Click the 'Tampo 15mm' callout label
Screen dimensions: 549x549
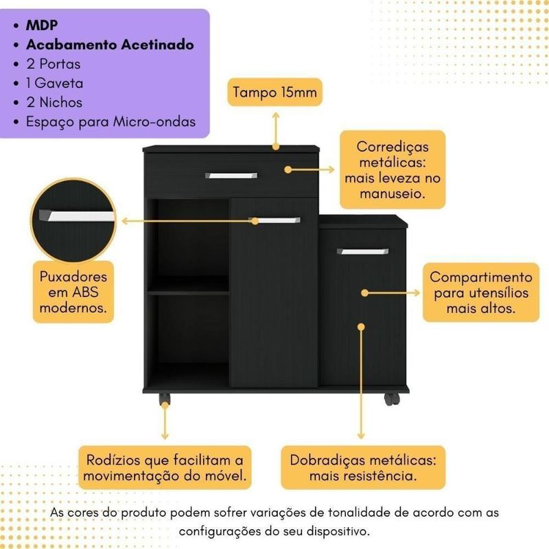(276, 93)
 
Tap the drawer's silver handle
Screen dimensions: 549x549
(231, 176)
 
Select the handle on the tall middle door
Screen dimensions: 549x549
(274, 220)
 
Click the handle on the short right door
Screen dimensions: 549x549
(363, 252)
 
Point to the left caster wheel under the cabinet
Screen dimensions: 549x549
(165, 398)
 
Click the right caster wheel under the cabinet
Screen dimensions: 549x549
(390, 399)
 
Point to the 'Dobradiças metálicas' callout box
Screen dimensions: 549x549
(364, 467)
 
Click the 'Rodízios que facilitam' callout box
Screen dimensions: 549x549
(165, 467)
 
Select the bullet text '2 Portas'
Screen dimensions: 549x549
(55, 65)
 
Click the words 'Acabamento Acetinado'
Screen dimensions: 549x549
(110, 45)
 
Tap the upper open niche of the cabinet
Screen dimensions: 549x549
(189, 237)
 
